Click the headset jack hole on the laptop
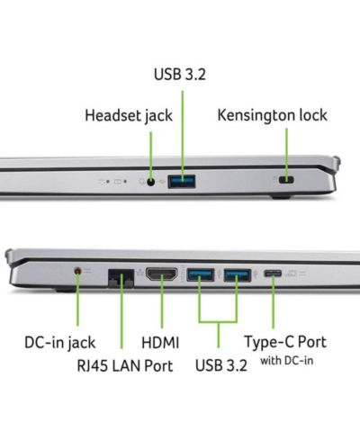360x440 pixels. pos(151,182)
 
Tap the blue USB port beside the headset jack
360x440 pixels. pos(182,182)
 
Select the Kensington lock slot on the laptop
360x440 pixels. pos(286,180)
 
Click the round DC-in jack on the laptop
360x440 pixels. pos(77,271)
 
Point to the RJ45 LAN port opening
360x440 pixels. pos(121,278)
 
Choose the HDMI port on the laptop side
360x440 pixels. pos(162,274)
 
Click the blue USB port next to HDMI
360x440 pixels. pos(201,274)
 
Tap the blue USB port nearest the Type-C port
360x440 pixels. pos(238,275)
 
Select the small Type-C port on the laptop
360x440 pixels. pos(273,274)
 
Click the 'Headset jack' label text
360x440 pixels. pos(129,115)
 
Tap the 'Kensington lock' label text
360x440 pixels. pos(272,115)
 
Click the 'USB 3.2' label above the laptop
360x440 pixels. pos(180,75)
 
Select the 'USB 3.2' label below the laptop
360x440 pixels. pos(221,365)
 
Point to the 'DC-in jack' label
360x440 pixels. pos(60,343)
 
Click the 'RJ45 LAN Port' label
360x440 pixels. pos(125,366)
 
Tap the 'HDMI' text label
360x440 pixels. pos(160,343)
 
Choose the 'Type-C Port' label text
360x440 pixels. pos(285,342)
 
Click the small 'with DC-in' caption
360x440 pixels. pos(287,361)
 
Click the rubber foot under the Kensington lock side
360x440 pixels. pos(282,197)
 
